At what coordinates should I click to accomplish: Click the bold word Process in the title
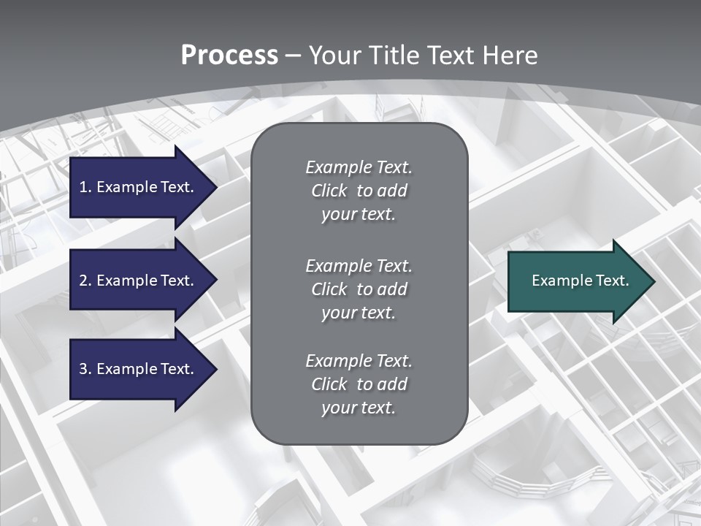point(229,56)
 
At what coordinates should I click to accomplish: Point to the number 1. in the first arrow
point(85,188)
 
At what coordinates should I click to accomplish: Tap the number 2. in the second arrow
point(85,281)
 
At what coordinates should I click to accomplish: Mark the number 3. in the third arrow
point(85,370)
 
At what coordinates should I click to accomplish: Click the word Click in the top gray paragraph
point(329,191)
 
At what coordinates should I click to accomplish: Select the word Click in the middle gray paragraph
point(329,289)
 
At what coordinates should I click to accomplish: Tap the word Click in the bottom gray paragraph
point(329,384)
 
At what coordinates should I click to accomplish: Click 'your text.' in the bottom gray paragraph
point(358,408)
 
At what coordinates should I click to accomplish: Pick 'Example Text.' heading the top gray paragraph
point(359,167)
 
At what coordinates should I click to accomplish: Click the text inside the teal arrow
point(580,281)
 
